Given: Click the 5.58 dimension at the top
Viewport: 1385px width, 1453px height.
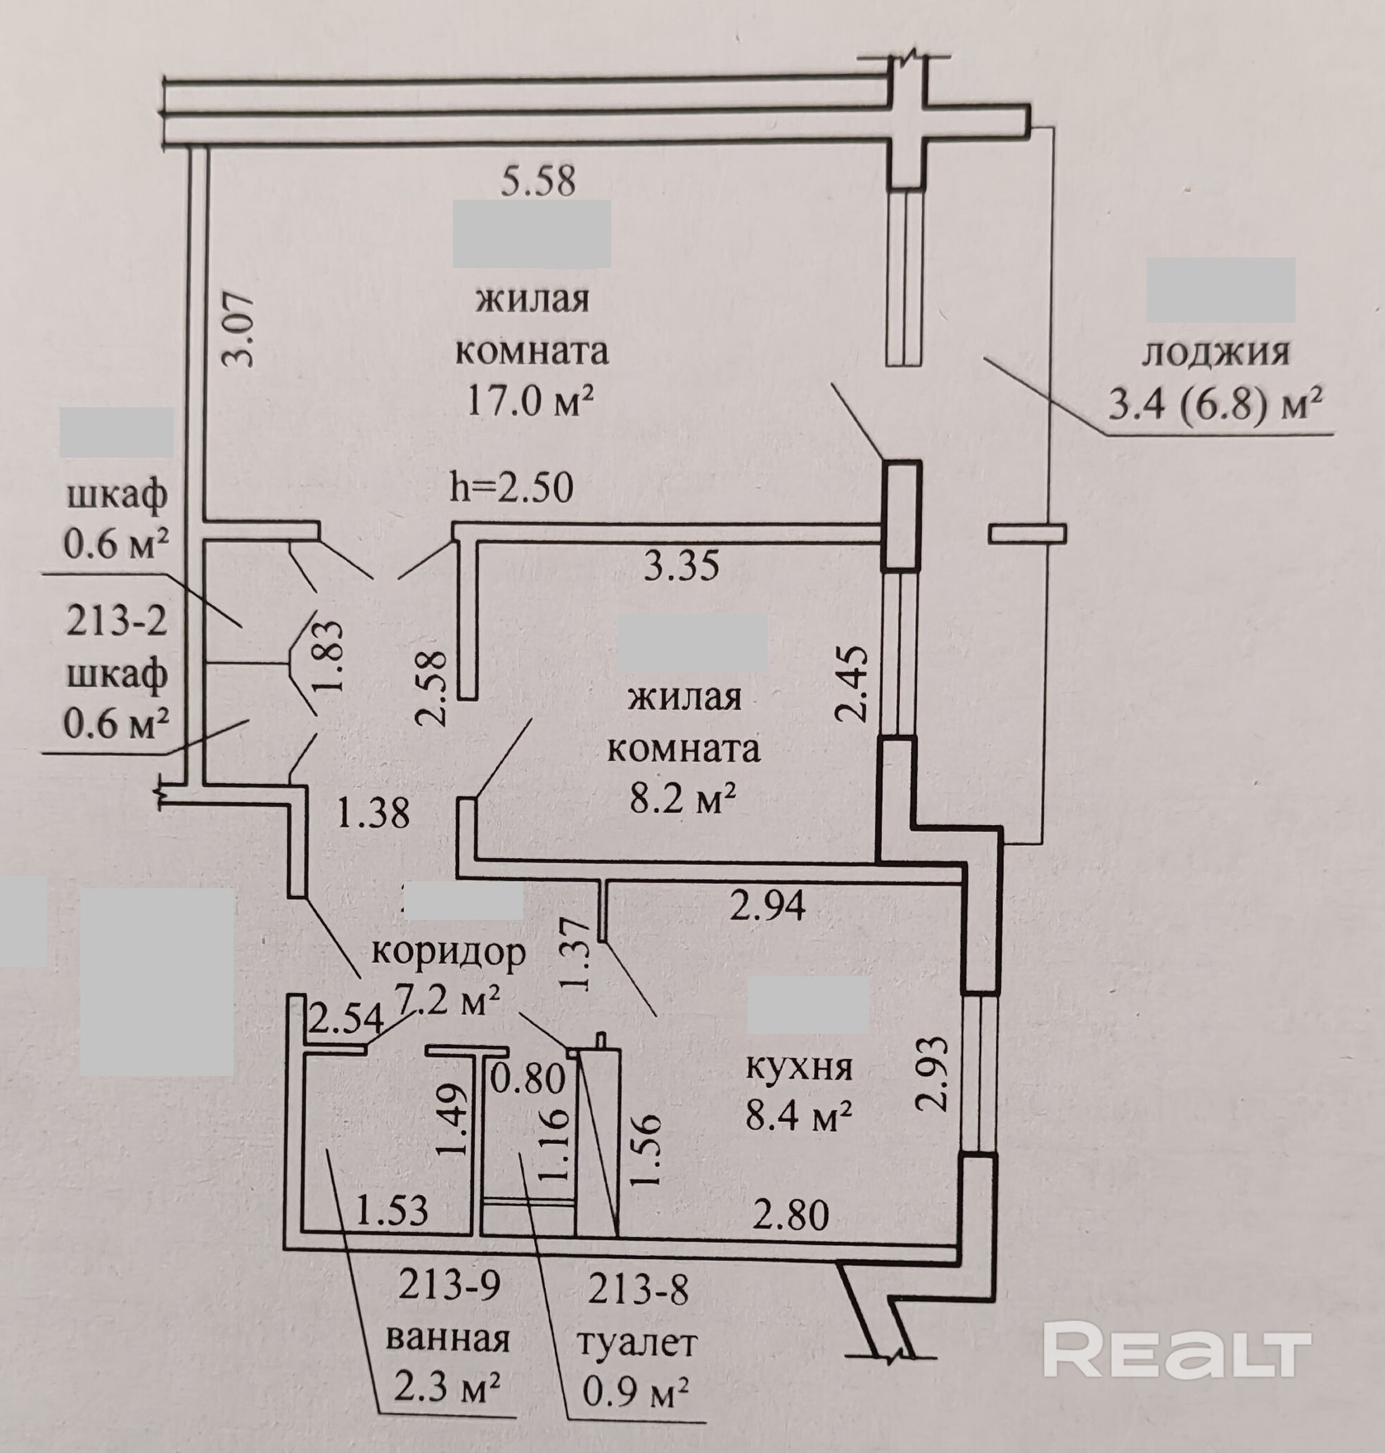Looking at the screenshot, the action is click(x=537, y=181).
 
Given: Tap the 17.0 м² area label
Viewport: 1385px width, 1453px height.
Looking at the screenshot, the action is click(x=530, y=401).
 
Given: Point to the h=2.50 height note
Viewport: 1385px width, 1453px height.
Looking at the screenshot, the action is click(x=511, y=488).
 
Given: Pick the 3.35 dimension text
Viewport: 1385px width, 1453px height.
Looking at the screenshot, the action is click(x=682, y=567).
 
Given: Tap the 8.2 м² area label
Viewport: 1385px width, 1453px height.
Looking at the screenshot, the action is click(x=683, y=799).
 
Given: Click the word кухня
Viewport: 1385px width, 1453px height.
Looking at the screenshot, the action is click(x=799, y=1067).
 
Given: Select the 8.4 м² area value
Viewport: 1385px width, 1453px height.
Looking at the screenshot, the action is click(x=798, y=1115).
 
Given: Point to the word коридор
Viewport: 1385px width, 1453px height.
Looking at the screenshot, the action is click(x=448, y=952).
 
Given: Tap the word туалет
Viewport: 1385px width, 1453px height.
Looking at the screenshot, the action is click(x=637, y=1343).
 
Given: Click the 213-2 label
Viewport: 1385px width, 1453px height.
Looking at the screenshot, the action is click(x=117, y=622).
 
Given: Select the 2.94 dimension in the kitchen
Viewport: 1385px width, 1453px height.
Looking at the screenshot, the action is click(x=767, y=905).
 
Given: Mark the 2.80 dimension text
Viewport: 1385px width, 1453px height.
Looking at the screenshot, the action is click(x=791, y=1215).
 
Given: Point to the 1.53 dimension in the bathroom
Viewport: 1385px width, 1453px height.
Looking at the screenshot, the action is click(x=392, y=1212).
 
